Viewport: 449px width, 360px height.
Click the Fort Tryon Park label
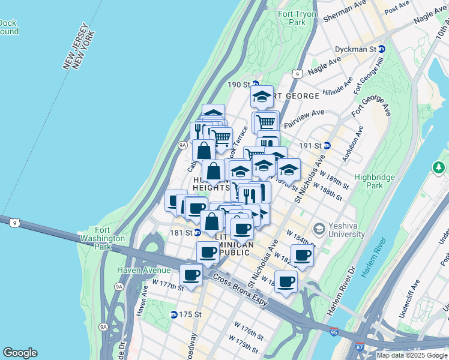pos(293,18)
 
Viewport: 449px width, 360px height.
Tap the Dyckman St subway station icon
pos(381,49)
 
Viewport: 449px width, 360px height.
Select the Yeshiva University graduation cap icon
pos(319,228)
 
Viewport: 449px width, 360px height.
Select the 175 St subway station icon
pos(174,314)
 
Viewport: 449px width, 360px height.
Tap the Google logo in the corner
pos(20,353)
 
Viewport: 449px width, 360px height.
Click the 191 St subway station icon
pos(327,145)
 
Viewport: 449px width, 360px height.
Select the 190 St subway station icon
pos(255,84)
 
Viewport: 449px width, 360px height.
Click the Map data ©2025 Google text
pos(412,355)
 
